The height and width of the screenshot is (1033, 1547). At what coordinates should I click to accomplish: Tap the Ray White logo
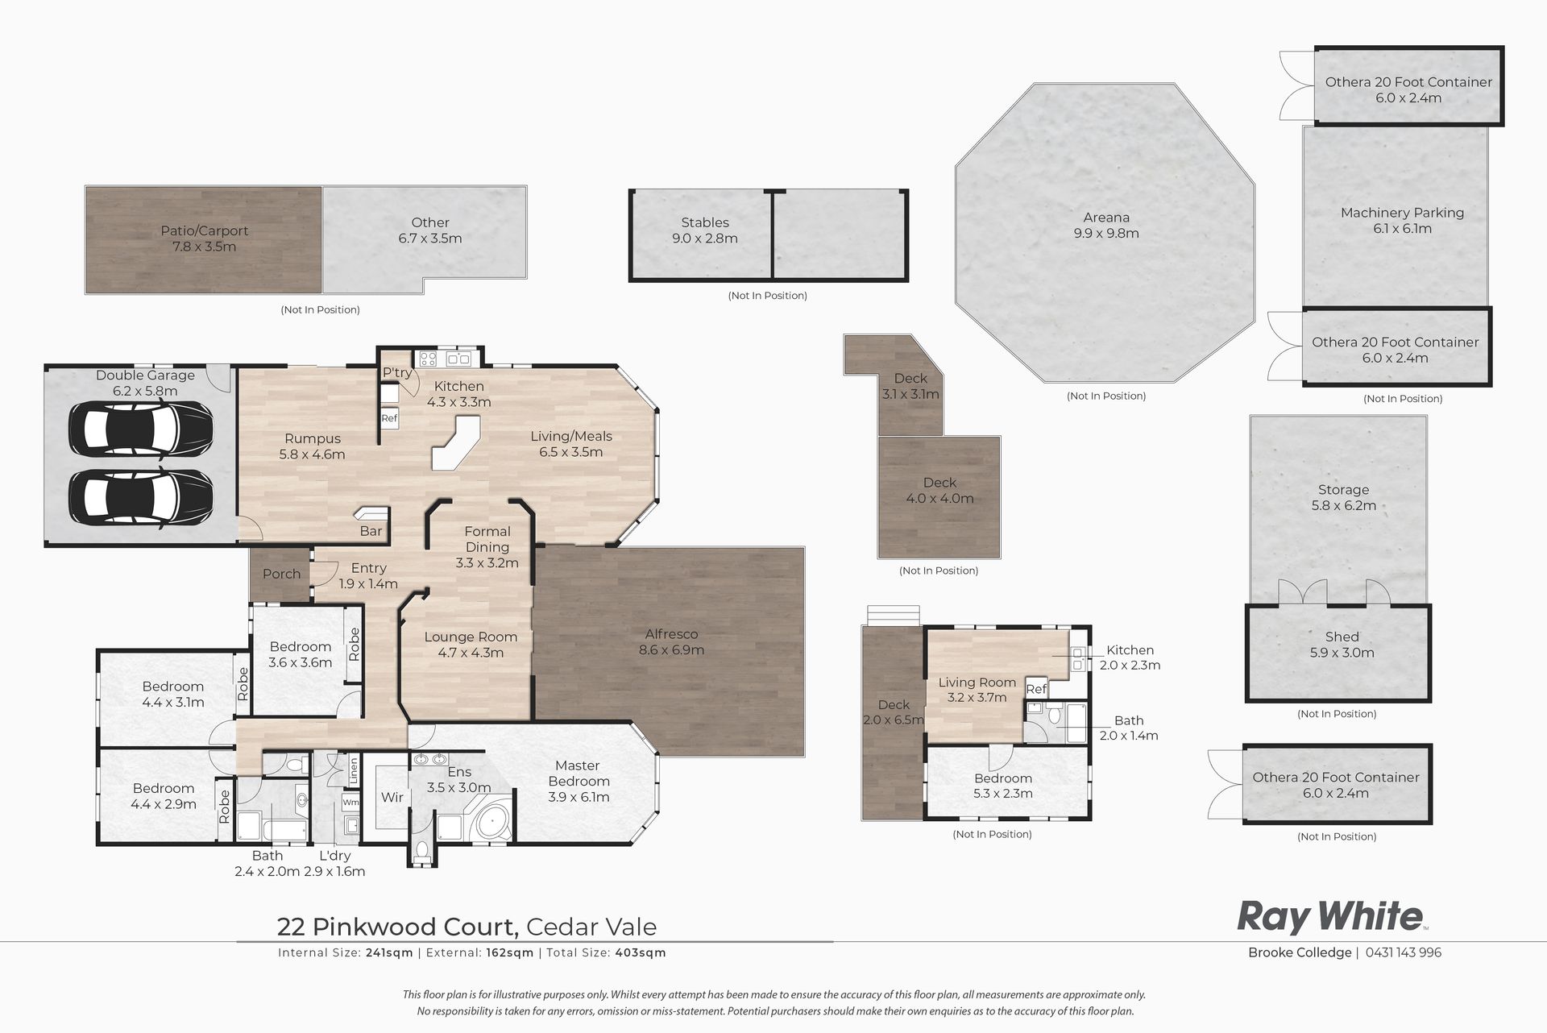pyautogui.click(x=1331, y=918)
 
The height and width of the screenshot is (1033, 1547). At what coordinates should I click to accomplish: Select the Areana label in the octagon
pyautogui.click(x=1106, y=218)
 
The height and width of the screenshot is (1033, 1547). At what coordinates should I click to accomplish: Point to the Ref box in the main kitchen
pyautogui.click(x=389, y=418)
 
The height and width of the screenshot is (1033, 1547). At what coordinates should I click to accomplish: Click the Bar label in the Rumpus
pyautogui.click(x=371, y=531)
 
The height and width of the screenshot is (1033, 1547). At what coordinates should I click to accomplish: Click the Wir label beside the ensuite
pyautogui.click(x=392, y=797)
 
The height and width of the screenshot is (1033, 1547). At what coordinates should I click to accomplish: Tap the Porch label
pyautogui.click(x=281, y=574)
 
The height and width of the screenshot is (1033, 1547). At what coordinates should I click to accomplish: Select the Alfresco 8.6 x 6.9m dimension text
pyautogui.click(x=671, y=650)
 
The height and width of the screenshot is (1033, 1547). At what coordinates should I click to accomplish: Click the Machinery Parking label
pyautogui.click(x=1402, y=213)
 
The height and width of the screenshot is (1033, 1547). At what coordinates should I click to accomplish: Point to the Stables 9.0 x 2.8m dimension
pyautogui.click(x=705, y=239)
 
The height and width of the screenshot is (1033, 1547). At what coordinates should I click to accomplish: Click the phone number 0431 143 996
pyautogui.click(x=1404, y=952)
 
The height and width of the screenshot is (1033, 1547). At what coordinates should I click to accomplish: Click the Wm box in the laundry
pyautogui.click(x=350, y=803)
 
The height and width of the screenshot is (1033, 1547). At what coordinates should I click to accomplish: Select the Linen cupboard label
pyautogui.click(x=353, y=771)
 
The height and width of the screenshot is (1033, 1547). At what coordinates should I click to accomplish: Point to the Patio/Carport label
pyautogui.click(x=205, y=230)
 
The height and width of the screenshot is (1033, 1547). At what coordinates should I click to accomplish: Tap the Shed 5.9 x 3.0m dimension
pyautogui.click(x=1342, y=653)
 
